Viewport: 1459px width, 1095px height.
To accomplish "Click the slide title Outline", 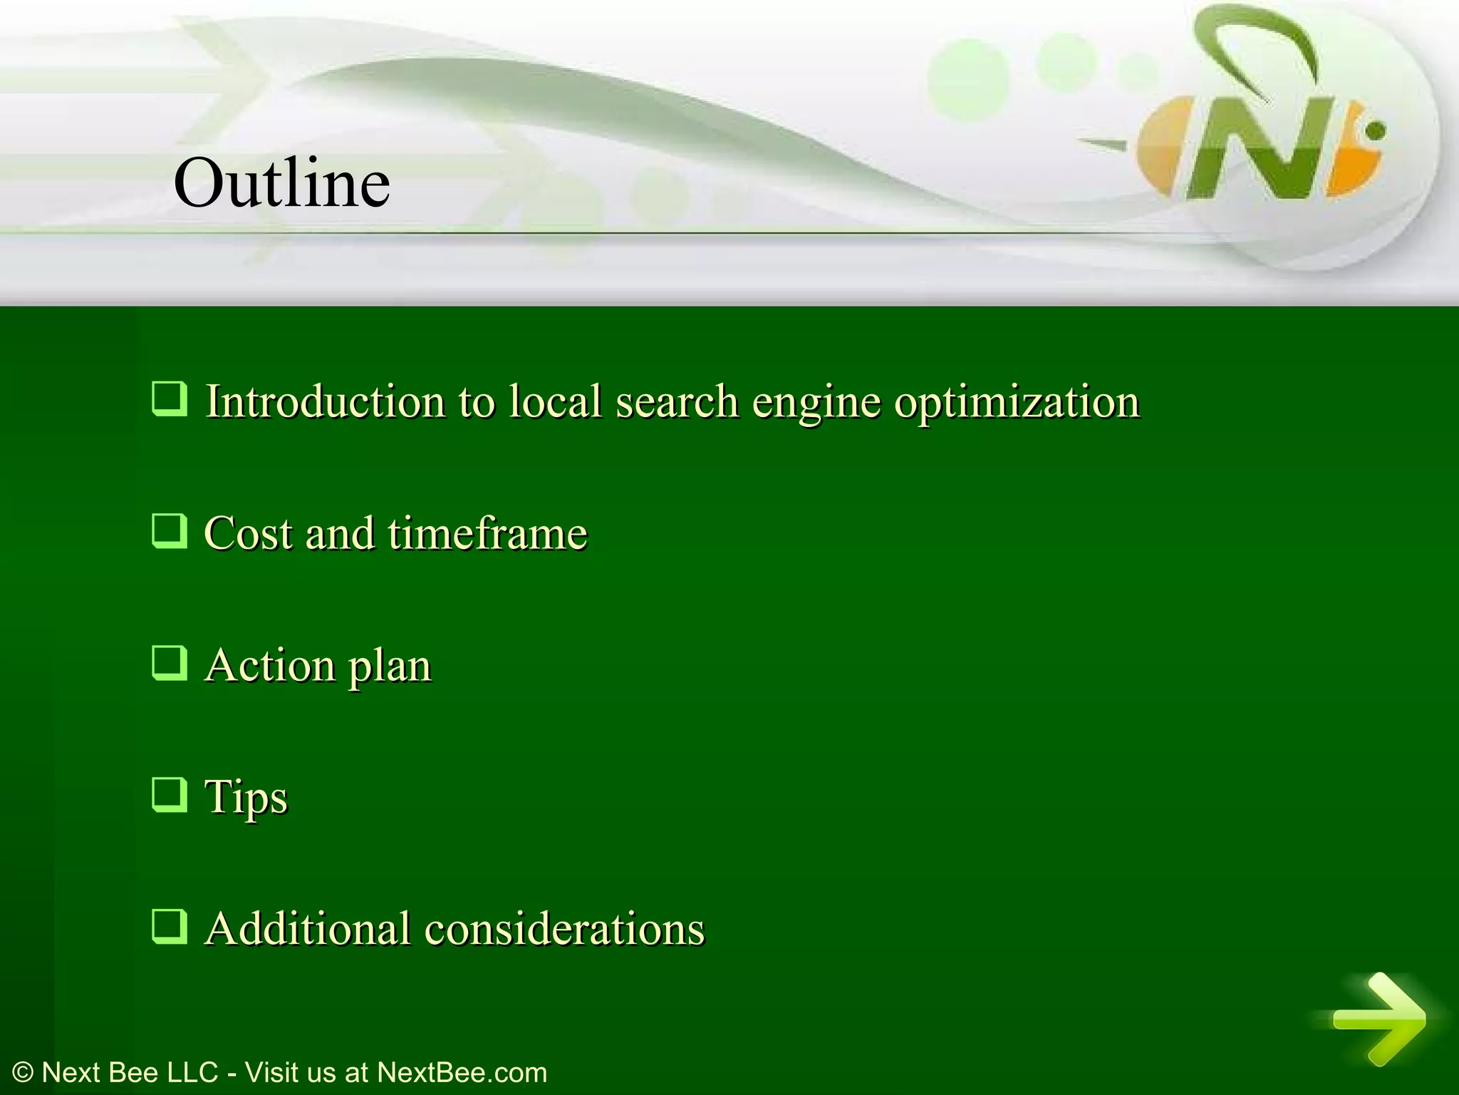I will [281, 183].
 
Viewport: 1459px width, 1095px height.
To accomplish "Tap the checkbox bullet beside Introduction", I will [170, 399].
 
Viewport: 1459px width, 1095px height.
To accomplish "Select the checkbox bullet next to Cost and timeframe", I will [170, 531].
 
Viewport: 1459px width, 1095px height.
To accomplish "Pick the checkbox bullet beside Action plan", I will [170, 663].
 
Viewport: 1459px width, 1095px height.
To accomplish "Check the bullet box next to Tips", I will [170, 795].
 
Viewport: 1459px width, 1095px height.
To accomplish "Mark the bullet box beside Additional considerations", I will [170, 927].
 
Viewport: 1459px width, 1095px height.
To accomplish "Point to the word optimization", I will [1017, 402].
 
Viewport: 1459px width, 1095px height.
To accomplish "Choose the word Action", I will [270, 665].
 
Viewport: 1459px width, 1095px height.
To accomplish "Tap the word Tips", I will [246, 797].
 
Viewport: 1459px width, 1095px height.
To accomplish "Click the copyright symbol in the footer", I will [23, 1073].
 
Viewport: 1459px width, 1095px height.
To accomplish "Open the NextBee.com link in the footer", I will [462, 1073].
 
